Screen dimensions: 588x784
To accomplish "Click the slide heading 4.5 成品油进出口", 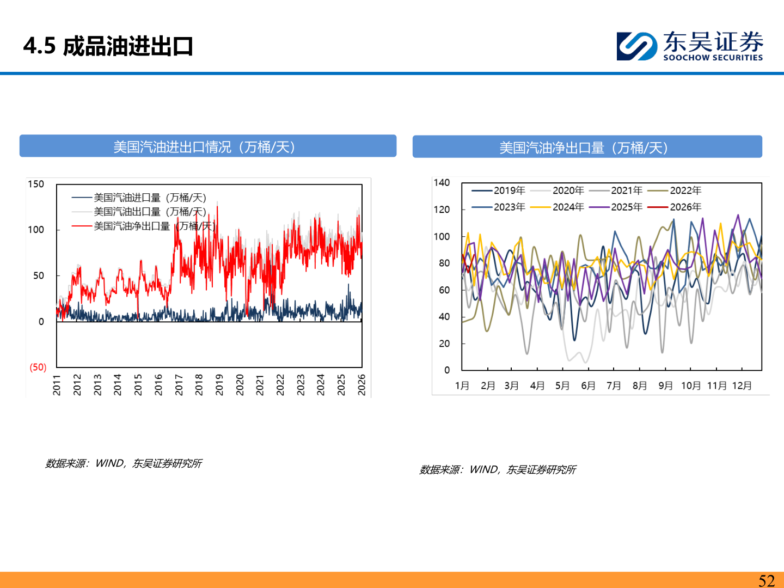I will [x=108, y=46].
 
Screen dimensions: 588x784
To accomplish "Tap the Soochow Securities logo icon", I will [x=636, y=46].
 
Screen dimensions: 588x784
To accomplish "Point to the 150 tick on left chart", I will [x=36, y=184].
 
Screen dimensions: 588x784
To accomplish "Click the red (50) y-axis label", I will [x=38, y=367].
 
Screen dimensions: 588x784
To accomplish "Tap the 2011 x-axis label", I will [x=57, y=384].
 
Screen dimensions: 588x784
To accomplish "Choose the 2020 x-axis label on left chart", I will [x=240, y=384].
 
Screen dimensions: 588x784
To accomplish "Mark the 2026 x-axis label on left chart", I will [x=362, y=384].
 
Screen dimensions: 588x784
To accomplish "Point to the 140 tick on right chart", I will [x=442, y=182].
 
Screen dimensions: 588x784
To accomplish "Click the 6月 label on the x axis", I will [x=588, y=385].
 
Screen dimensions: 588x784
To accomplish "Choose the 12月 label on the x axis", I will [x=742, y=385].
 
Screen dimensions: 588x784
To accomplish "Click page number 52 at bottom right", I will [x=767, y=580].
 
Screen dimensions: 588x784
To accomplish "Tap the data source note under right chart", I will [x=498, y=469].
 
